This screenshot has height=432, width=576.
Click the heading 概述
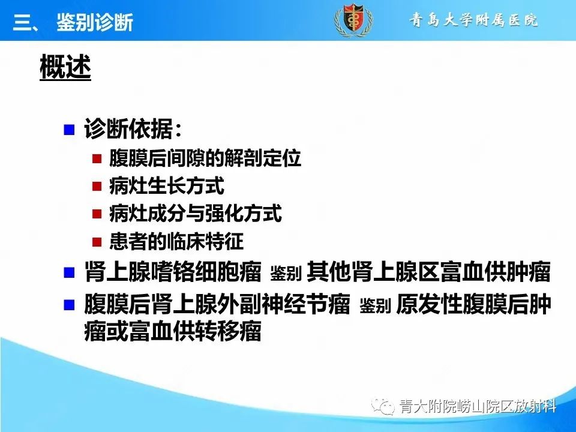(x=65, y=68)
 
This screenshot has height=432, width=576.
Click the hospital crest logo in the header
(x=353, y=21)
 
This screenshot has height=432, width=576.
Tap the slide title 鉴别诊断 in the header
(x=95, y=23)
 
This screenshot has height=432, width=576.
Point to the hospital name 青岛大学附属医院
(x=473, y=20)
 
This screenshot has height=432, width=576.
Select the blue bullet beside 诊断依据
(x=70, y=130)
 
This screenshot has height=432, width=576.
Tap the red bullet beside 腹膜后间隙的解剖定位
(x=97, y=159)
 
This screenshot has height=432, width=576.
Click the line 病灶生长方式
(x=166, y=186)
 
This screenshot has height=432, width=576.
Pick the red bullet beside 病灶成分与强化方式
(x=97, y=214)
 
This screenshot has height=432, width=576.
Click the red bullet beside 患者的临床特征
(x=97, y=242)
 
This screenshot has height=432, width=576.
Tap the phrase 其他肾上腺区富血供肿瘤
(x=428, y=273)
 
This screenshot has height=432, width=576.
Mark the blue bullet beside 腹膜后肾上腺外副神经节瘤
(x=70, y=305)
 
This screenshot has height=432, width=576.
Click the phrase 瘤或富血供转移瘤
(x=173, y=332)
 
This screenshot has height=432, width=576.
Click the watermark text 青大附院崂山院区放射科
(x=478, y=407)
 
